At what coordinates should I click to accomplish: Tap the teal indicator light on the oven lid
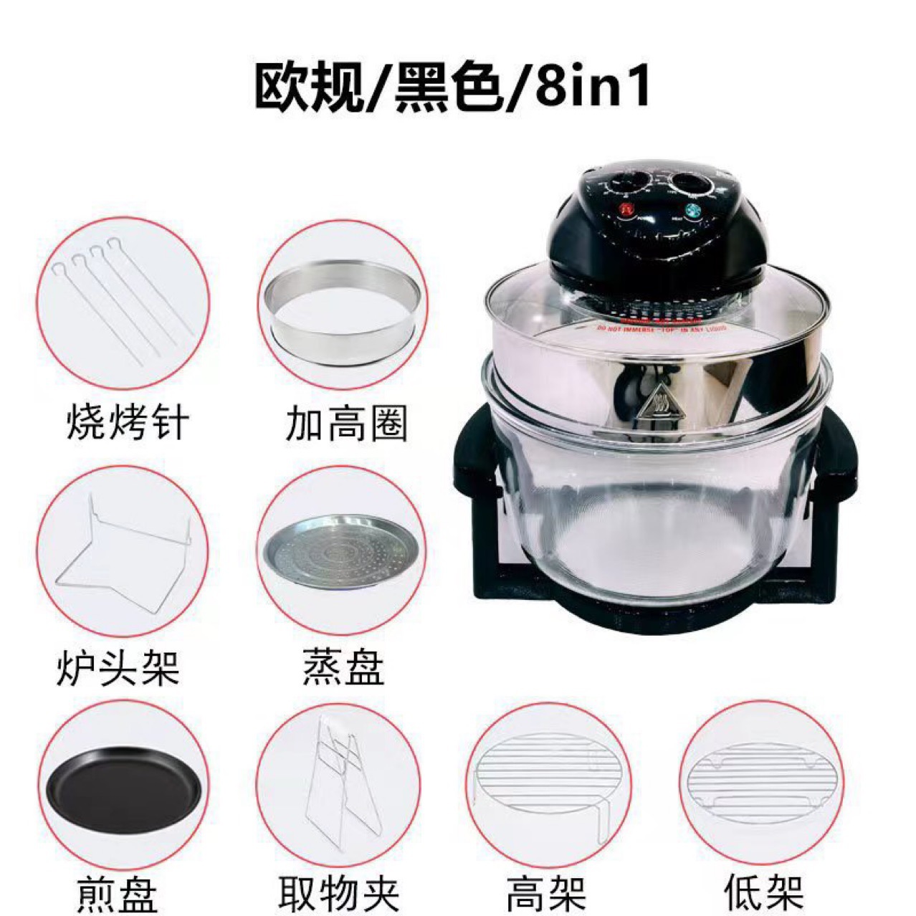click(x=692, y=211)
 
